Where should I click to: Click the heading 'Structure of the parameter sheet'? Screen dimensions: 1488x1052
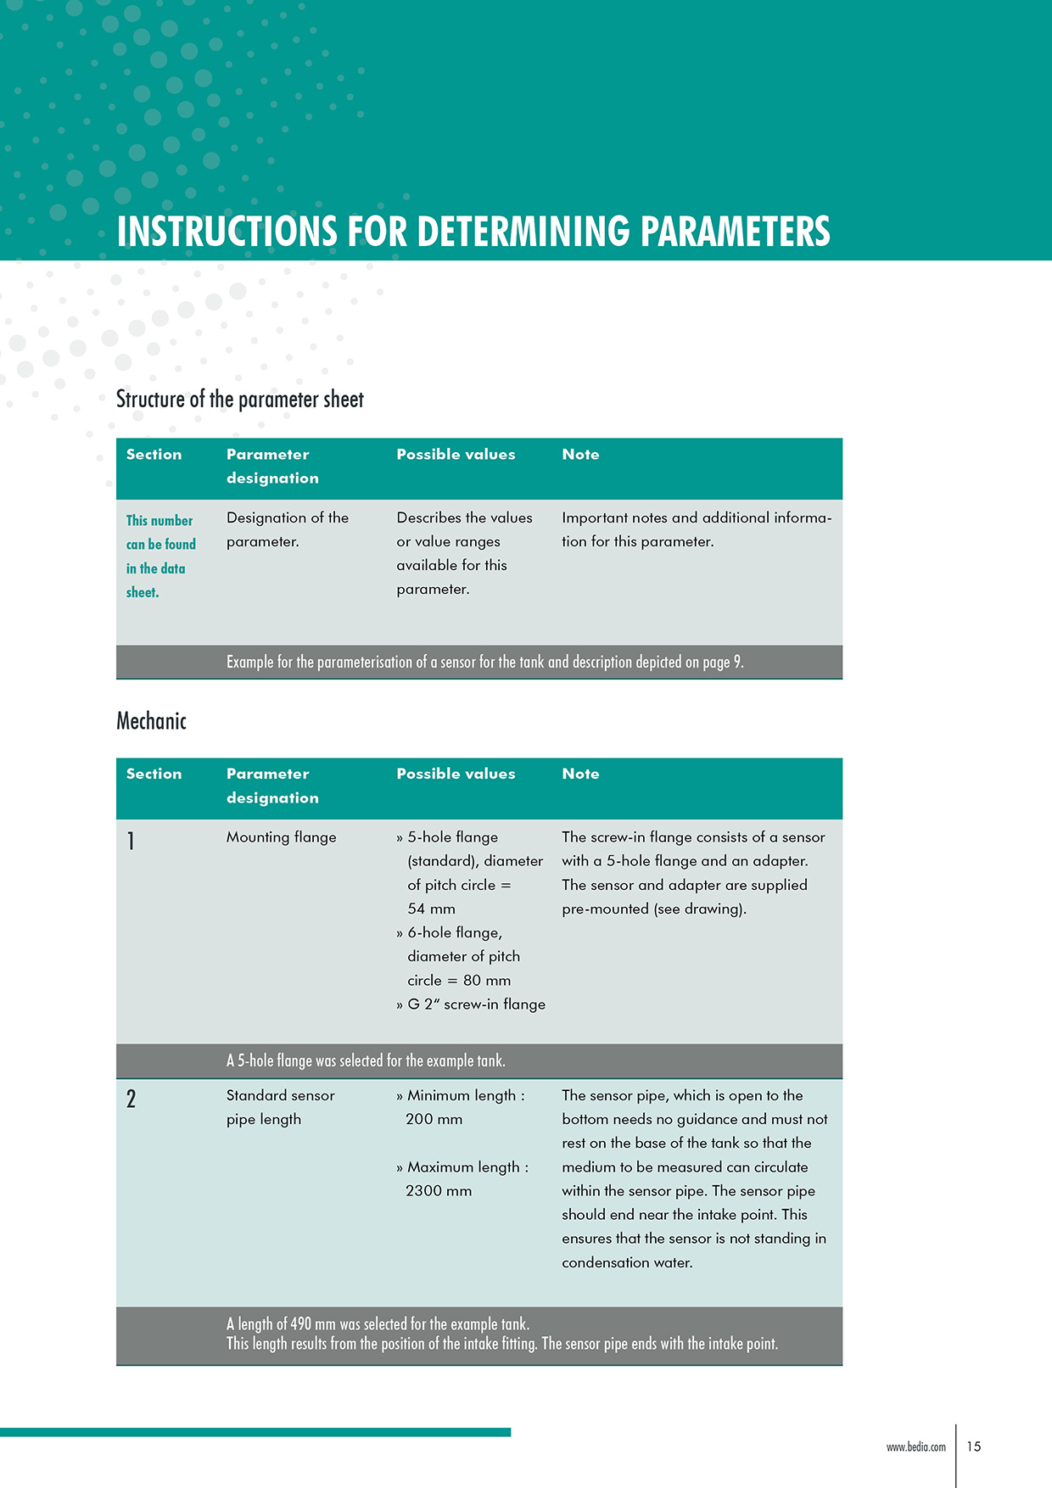[x=239, y=400]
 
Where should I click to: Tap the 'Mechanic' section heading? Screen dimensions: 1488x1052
[x=151, y=721]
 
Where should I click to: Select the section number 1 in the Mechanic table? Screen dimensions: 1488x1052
[x=131, y=841]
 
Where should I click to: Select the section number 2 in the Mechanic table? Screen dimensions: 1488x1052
[x=131, y=1099]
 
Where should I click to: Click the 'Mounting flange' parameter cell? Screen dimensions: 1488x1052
[x=281, y=837]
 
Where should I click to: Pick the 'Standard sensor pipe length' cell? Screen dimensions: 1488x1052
[x=280, y=1107]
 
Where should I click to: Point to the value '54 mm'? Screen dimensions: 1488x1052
[x=431, y=909]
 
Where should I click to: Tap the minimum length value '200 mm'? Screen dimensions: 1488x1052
[x=434, y=1120]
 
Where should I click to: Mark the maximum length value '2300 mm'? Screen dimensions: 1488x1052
[x=438, y=1191]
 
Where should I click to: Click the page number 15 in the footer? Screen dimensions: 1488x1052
[x=974, y=1446]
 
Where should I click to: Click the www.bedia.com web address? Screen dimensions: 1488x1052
[x=915, y=1447]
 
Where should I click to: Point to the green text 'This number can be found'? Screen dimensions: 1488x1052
[x=160, y=532]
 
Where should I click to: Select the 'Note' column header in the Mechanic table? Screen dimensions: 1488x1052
[x=580, y=774]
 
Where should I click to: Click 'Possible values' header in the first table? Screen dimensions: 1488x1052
[x=456, y=455]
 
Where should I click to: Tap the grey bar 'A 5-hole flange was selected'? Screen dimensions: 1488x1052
[x=366, y=1061]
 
